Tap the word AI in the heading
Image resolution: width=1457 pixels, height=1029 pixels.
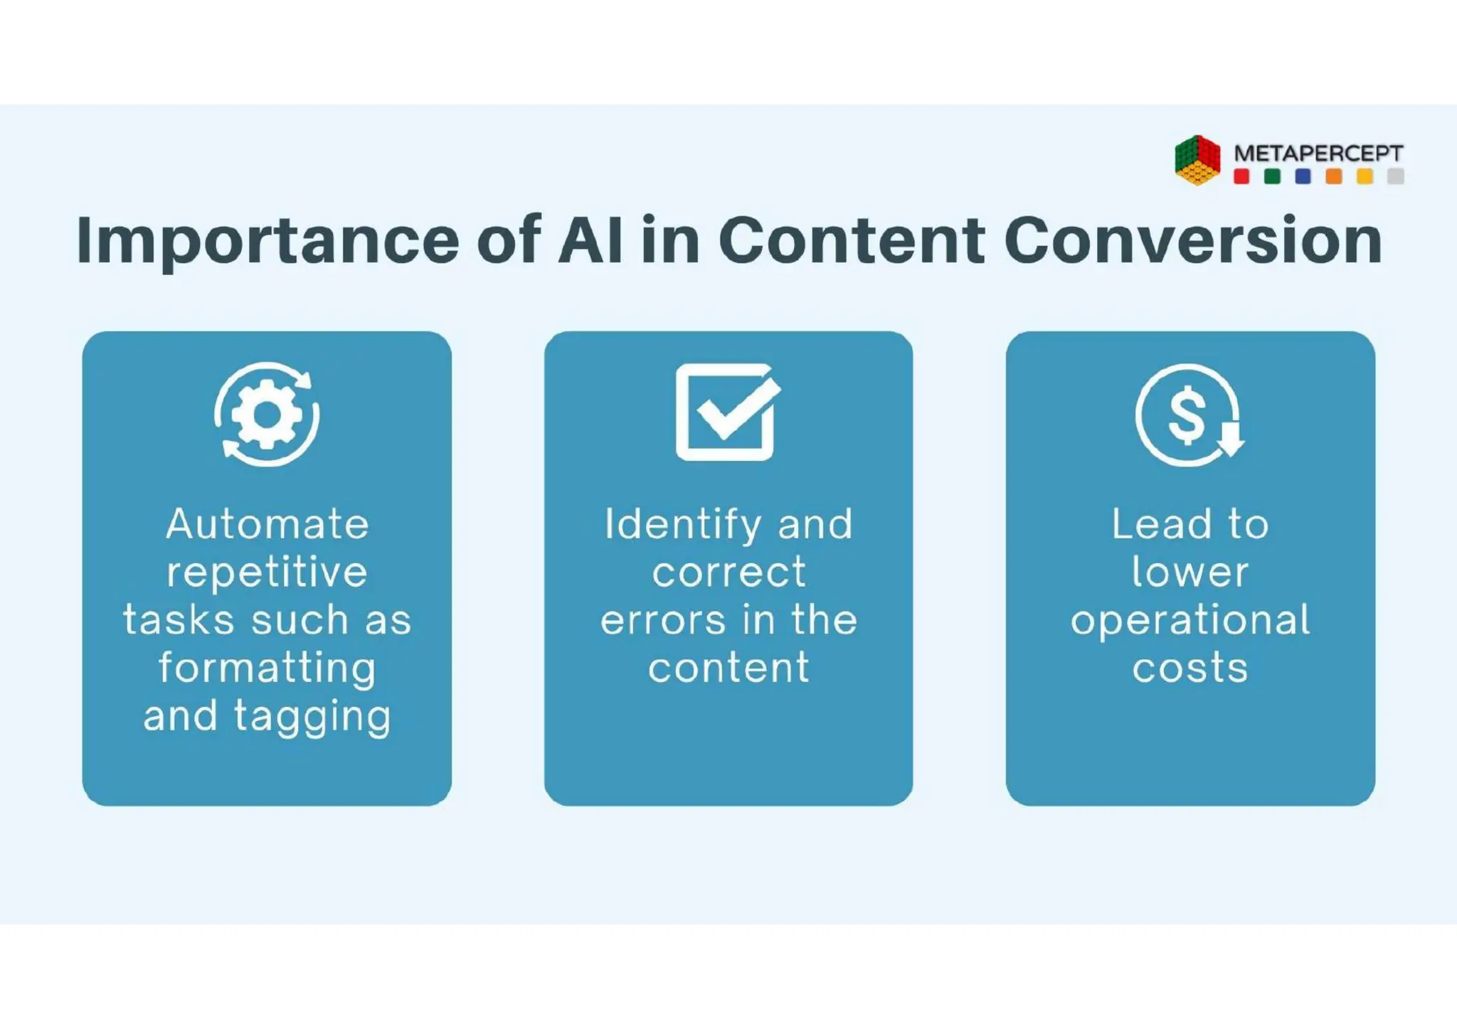(x=590, y=240)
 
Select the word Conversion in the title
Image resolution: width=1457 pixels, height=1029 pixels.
(x=1193, y=240)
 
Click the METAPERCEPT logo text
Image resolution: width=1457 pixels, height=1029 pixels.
(x=1318, y=153)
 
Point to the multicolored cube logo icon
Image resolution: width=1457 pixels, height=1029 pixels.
(x=1197, y=161)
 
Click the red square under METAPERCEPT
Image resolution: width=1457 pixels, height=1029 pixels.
(x=1241, y=177)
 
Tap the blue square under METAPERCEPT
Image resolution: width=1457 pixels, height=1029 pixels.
(x=1303, y=177)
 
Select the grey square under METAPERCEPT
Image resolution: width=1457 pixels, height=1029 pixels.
(x=1396, y=177)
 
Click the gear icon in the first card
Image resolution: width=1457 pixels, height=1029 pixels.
(x=267, y=415)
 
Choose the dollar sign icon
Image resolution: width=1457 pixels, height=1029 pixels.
(x=1188, y=415)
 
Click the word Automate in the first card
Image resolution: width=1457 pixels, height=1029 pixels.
(x=267, y=525)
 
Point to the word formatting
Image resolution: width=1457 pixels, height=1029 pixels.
(x=267, y=668)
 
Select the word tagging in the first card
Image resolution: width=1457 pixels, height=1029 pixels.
(x=312, y=717)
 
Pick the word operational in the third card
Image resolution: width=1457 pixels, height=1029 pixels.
(x=1190, y=620)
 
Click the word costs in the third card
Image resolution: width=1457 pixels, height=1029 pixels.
(x=1190, y=668)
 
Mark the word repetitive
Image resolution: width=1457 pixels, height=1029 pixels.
(x=267, y=572)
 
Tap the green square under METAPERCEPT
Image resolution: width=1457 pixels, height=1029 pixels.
(x=1272, y=177)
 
